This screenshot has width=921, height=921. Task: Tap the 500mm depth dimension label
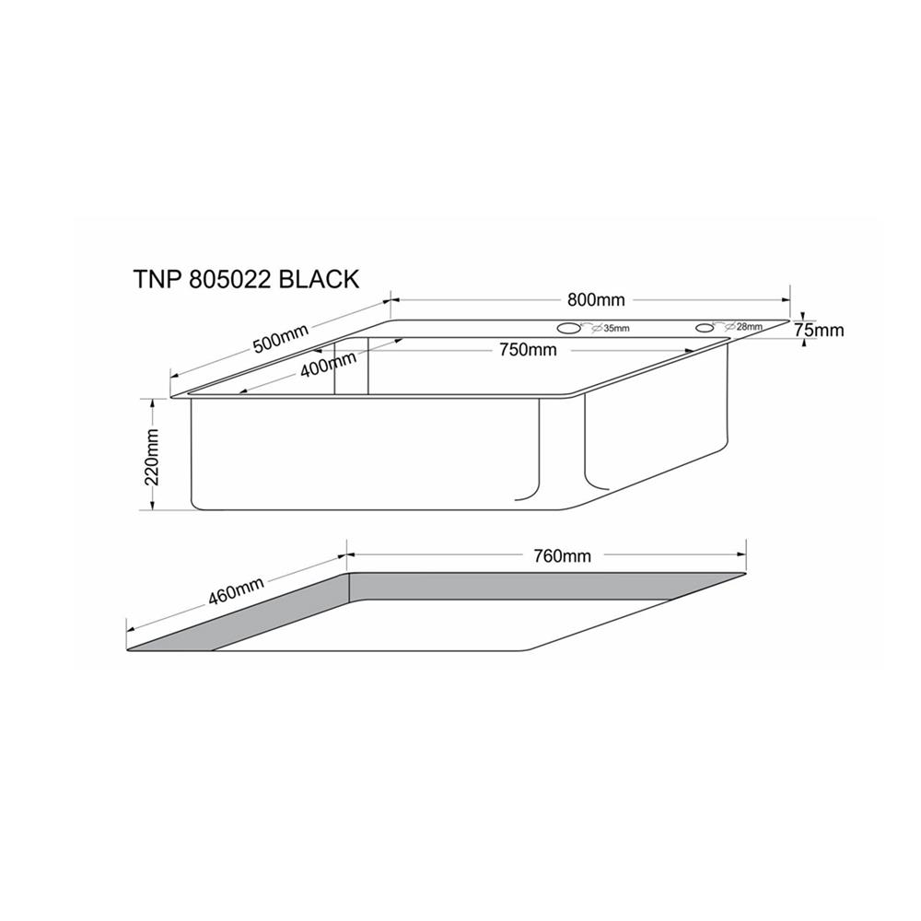281,342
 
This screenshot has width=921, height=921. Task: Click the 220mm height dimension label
154,457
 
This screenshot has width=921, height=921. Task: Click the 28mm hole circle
705,327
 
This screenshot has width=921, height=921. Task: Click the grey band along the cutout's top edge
543,585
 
